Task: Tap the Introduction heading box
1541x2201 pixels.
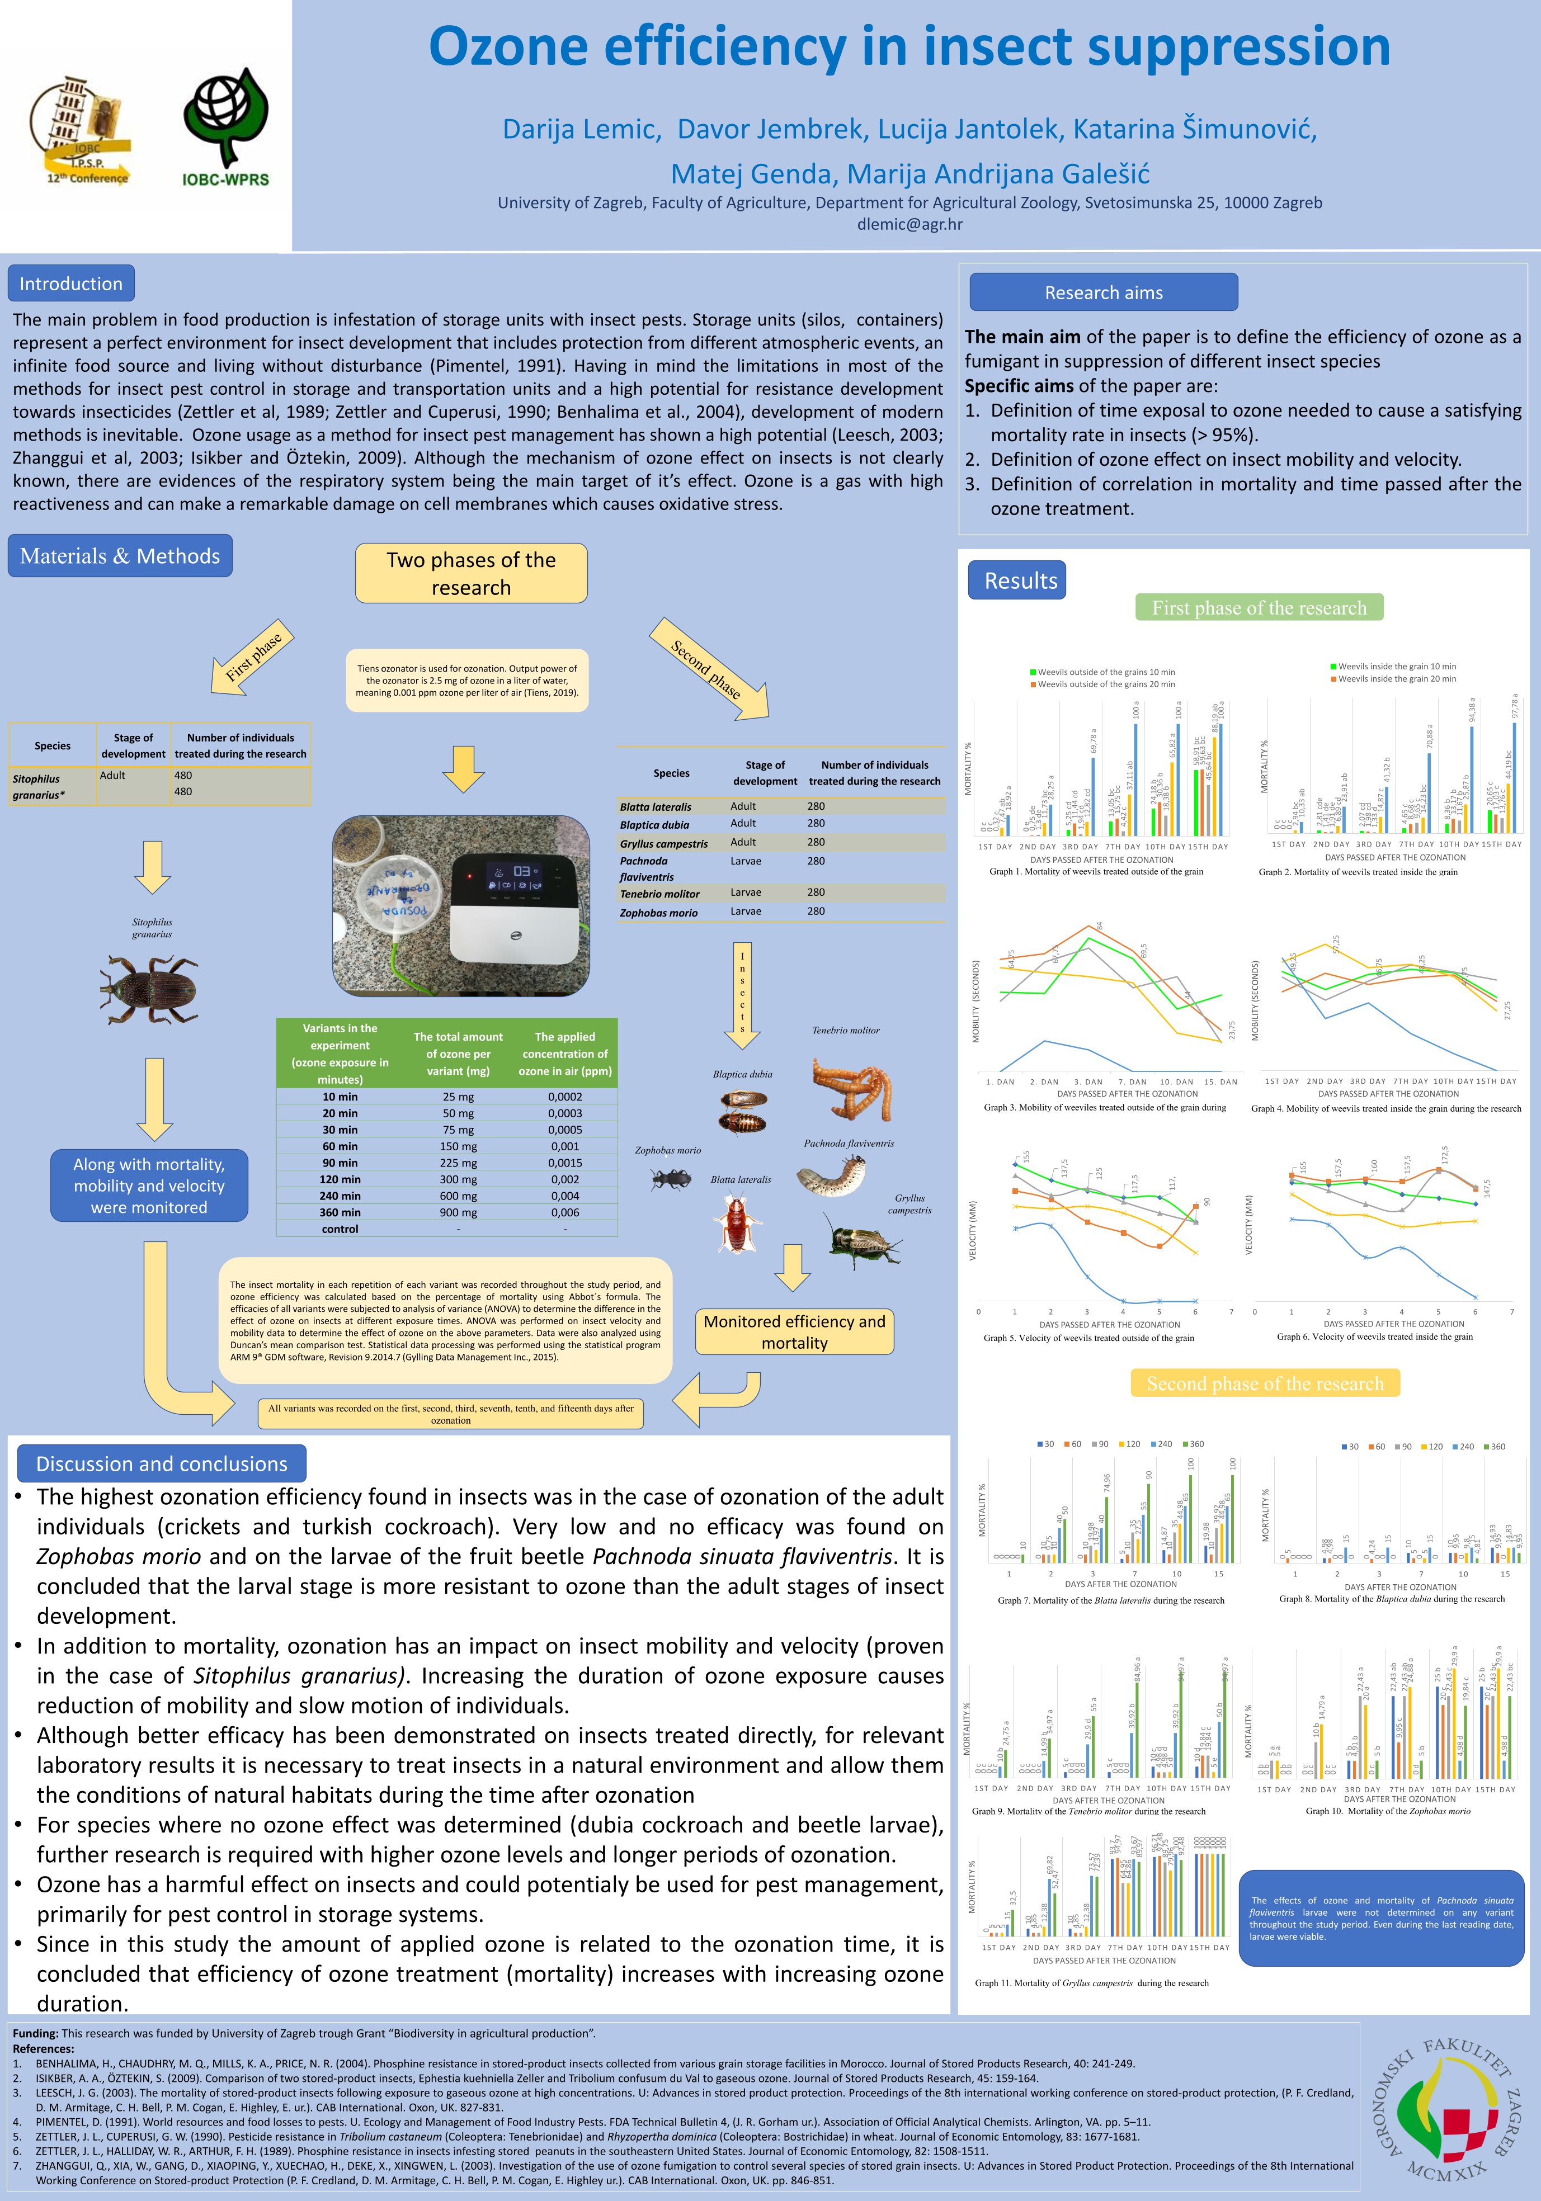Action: pyautogui.click(x=71, y=284)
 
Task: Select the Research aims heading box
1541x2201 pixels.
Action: pyautogui.click(x=1103, y=292)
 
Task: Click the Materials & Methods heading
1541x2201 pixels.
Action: pyautogui.click(x=120, y=556)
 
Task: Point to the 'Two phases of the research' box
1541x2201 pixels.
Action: pyautogui.click(x=471, y=573)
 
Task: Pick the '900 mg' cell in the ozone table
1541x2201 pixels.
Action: pyautogui.click(x=458, y=1213)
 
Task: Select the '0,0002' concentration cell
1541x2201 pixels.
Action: pyautogui.click(x=565, y=1097)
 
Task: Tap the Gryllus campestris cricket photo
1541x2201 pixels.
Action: pyautogui.click(x=863, y=1241)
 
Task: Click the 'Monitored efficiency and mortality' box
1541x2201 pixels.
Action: pyautogui.click(x=794, y=1331)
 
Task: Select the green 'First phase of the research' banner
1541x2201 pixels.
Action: pyautogui.click(x=1259, y=608)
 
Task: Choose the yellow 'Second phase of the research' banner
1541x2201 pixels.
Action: pyautogui.click(x=1265, y=1383)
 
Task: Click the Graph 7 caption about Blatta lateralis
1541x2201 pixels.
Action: pyautogui.click(x=1110, y=1600)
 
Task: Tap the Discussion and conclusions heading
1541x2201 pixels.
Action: pyautogui.click(x=161, y=1464)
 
